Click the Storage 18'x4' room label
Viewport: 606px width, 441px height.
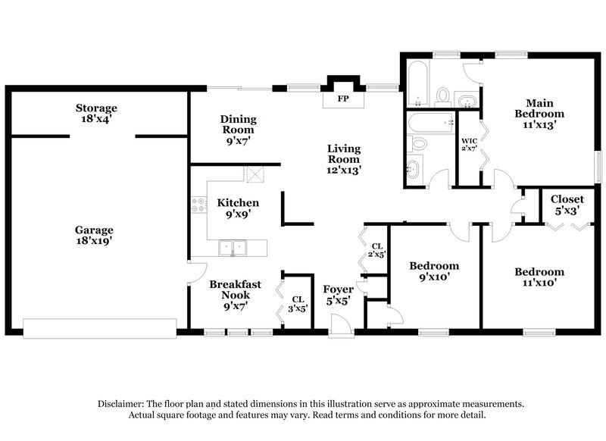pyautogui.click(x=96, y=114)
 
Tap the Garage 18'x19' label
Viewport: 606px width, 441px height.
pyautogui.click(x=94, y=235)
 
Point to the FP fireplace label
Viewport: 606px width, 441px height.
pyautogui.click(x=343, y=99)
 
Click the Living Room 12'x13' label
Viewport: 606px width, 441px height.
pyautogui.click(x=343, y=159)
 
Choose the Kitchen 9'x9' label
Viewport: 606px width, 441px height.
pyautogui.click(x=238, y=208)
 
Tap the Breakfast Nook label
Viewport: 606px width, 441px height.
pyautogui.click(x=236, y=296)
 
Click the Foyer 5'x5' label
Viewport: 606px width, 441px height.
pyautogui.click(x=338, y=296)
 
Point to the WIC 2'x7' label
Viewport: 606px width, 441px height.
pyautogui.click(x=469, y=144)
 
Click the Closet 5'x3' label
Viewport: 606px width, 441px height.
pyautogui.click(x=567, y=205)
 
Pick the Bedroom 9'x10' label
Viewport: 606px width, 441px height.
pyautogui.click(x=434, y=271)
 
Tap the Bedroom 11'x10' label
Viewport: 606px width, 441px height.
pyautogui.click(x=539, y=277)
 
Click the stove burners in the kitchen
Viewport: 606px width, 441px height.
pyautogui.click(x=198, y=204)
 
